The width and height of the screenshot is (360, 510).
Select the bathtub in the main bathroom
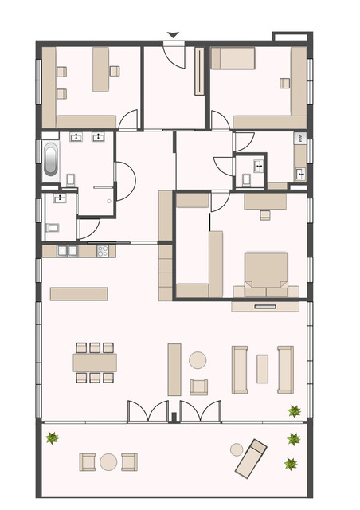point(50,159)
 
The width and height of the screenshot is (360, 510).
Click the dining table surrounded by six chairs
point(95,363)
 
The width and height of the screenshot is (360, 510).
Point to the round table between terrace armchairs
point(108,461)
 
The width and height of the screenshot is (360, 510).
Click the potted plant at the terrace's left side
point(53,437)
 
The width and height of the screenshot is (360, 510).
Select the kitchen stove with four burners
point(103,251)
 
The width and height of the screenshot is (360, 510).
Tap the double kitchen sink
point(67,251)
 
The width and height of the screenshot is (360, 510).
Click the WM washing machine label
point(300,139)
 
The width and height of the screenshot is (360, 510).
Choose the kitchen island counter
point(79,293)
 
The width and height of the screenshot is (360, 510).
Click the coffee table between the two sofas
point(262,369)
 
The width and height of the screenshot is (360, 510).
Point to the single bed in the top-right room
point(233,58)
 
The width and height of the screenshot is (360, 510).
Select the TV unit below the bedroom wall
point(265,304)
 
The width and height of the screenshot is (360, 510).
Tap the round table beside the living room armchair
point(198,360)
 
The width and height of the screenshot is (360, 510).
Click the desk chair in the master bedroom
point(265,214)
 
